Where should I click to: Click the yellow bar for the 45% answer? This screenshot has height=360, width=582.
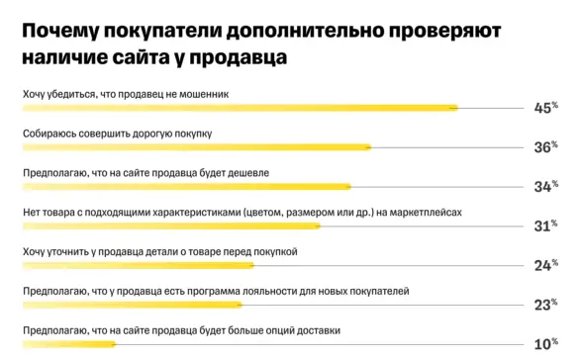[238, 108]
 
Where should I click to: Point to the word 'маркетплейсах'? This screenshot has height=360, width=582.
[427, 212]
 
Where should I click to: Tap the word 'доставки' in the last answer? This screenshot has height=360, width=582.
[318, 330]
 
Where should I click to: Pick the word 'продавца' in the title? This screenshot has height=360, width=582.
[242, 58]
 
